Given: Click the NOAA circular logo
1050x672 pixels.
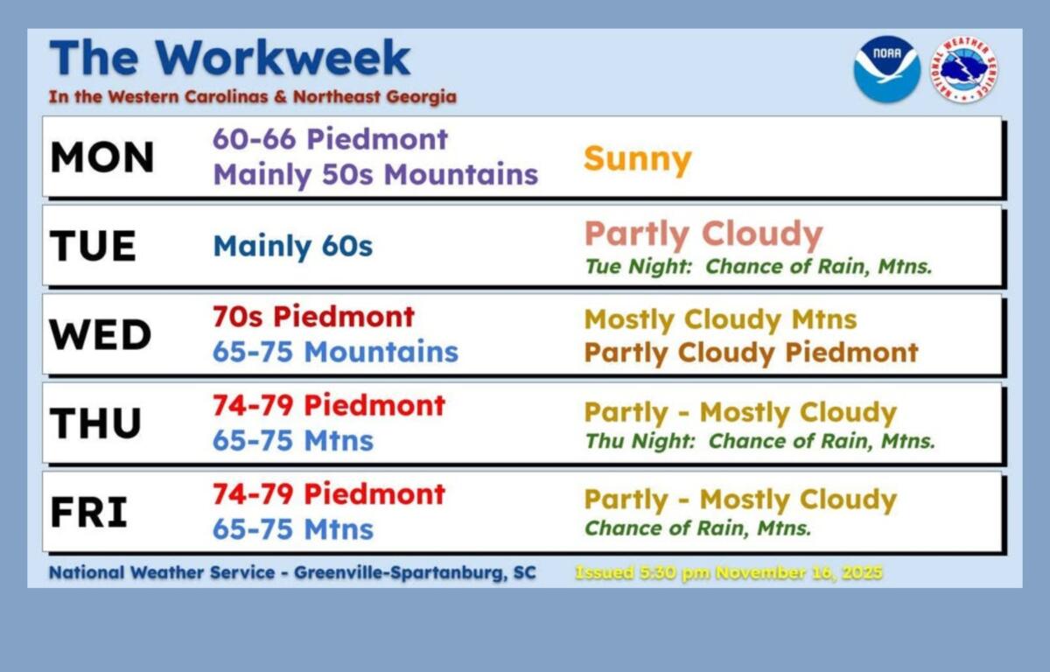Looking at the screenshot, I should pos(886,69).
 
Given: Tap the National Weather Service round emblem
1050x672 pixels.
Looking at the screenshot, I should pos(964,69).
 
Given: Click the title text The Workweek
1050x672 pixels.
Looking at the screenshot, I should pos(229,58).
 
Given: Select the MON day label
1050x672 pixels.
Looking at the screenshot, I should pos(102,157).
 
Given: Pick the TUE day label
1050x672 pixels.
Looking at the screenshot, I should pos(94,246).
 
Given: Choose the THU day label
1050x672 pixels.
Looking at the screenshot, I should pos(96,423).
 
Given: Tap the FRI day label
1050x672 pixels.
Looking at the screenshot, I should pos(89,512).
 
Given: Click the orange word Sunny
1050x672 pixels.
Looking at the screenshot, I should pos(637,159).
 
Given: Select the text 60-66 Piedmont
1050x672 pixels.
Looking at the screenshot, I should pos(330,139).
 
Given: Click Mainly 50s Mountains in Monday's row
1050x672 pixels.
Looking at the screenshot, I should pos(375,175).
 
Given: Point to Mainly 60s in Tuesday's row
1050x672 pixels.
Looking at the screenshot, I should pos(292,246).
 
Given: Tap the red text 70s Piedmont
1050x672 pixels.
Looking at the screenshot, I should pos(313,316).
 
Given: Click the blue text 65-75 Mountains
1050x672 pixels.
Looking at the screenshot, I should pos(335,352).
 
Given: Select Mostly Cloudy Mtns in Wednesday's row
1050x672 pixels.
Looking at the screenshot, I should pos(720,319).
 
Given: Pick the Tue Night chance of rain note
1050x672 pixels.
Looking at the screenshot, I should pos(758,266).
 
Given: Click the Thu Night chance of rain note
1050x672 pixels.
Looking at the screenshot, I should pos(759,441).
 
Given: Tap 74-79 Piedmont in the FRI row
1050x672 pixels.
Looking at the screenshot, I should pos(328,493).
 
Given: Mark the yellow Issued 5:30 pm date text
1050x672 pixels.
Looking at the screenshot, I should pos(728,573).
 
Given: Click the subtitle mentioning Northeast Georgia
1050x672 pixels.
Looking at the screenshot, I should pos(252,96).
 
